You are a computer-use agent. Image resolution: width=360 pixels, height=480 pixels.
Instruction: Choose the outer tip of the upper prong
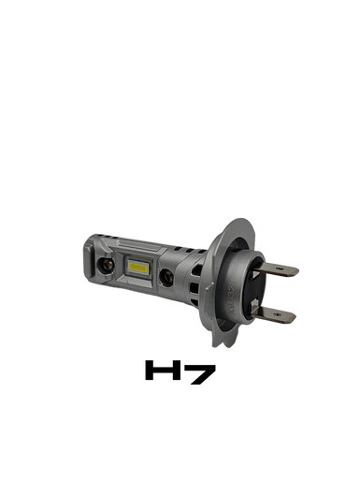click(x=298, y=272)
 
